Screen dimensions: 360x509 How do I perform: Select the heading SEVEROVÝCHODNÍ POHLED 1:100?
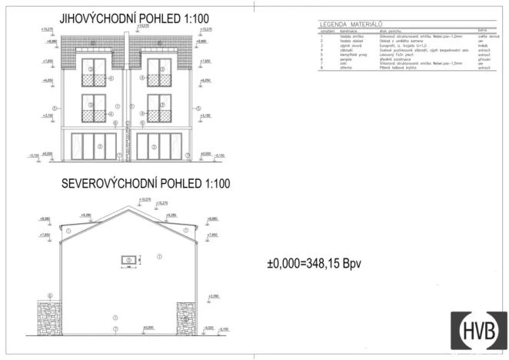click(136, 185)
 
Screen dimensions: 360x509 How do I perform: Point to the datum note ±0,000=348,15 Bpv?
click(314, 263)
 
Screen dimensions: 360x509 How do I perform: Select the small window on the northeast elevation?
click(128, 261)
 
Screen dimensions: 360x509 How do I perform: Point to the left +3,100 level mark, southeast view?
click(48, 115)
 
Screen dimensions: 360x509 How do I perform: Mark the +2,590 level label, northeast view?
click(213, 295)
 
